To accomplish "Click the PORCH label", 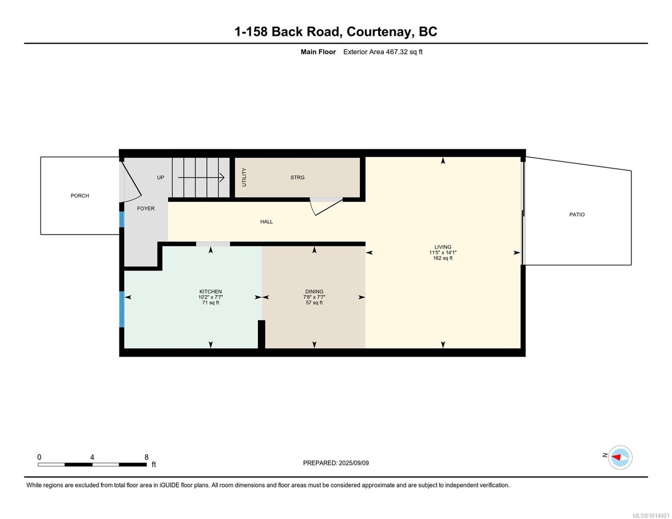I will tap(80, 196).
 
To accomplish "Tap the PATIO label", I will tap(577, 215).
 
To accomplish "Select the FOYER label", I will tap(146, 208).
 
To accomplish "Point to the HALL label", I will tap(267, 222).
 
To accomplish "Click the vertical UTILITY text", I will tap(244, 177).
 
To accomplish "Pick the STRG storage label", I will tap(297, 177).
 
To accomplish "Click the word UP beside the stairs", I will tap(161, 177).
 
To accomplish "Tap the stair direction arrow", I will tap(201, 177).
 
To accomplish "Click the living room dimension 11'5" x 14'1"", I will tap(443, 253).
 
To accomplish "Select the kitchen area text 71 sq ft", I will tap(211, 303).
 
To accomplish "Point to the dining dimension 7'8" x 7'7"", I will tap(314, 297).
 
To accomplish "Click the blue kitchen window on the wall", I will tap(122, 309).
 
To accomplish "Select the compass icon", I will tap(620, 457).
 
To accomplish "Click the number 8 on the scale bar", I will tap(147, 457).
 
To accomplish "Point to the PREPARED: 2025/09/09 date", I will tap(336, 463).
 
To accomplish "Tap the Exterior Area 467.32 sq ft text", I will tap(383, 52).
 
